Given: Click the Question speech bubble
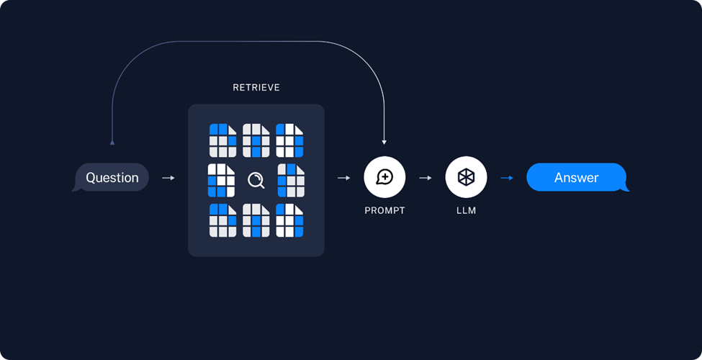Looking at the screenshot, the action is tap(111, 177).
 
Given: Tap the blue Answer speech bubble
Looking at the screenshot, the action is tap(577, 177).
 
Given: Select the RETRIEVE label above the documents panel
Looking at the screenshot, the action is tap(256, 88).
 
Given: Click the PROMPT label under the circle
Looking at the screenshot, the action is tap(384, 210).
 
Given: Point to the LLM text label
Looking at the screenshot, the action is tap(466, 210).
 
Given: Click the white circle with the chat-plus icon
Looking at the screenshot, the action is tap(384, 177).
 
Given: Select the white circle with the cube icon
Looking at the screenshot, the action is tap(466, 177).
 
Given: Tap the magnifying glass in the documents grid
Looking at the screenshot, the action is tap(256, 181).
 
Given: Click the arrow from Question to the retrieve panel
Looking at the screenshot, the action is tap(168, 178).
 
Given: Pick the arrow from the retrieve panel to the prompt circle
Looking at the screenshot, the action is tap(344, 178).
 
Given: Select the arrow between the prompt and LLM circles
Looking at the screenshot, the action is tap(426, 178).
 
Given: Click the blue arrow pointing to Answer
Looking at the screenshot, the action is tap(507, 178).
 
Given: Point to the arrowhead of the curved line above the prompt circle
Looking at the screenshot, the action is tap(384, 143).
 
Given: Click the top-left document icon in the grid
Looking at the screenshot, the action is tap(223, 140).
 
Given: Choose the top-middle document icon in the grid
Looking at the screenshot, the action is tap(256, 140).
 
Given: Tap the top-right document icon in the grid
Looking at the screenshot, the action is tap(289, 140).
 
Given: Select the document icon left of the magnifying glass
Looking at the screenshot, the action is tap(221, 181).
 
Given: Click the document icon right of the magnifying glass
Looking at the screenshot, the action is tap(291, 181).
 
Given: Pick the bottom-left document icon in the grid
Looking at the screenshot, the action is tap(223, 220).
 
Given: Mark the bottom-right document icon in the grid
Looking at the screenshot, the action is tap(289, 220).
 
